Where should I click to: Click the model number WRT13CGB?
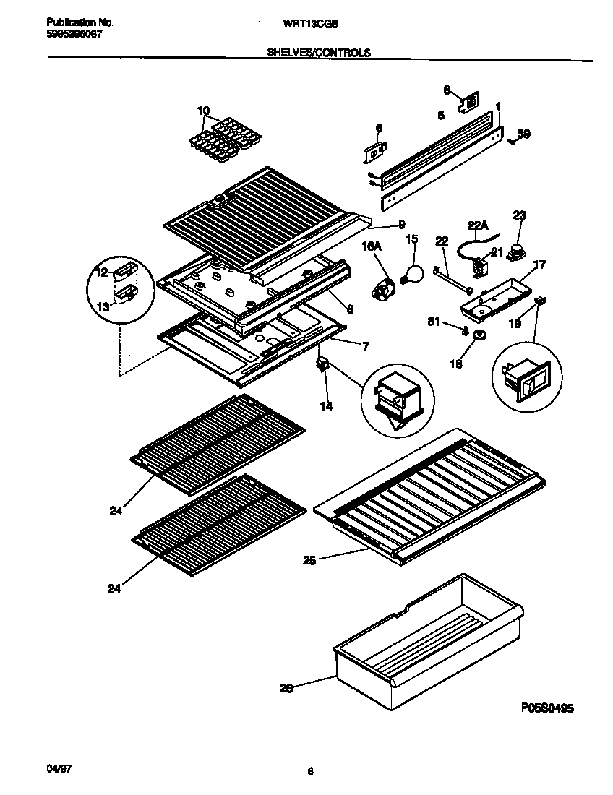[309, 23]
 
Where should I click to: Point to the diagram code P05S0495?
[546, 709]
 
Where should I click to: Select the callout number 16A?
[370, 247]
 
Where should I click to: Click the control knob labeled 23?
[516, 251]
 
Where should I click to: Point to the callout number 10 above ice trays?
[203, 111]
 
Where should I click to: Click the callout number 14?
[326, 407]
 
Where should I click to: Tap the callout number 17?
[538, 265]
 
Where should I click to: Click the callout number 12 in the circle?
[101, 272]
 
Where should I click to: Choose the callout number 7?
[366, 346]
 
